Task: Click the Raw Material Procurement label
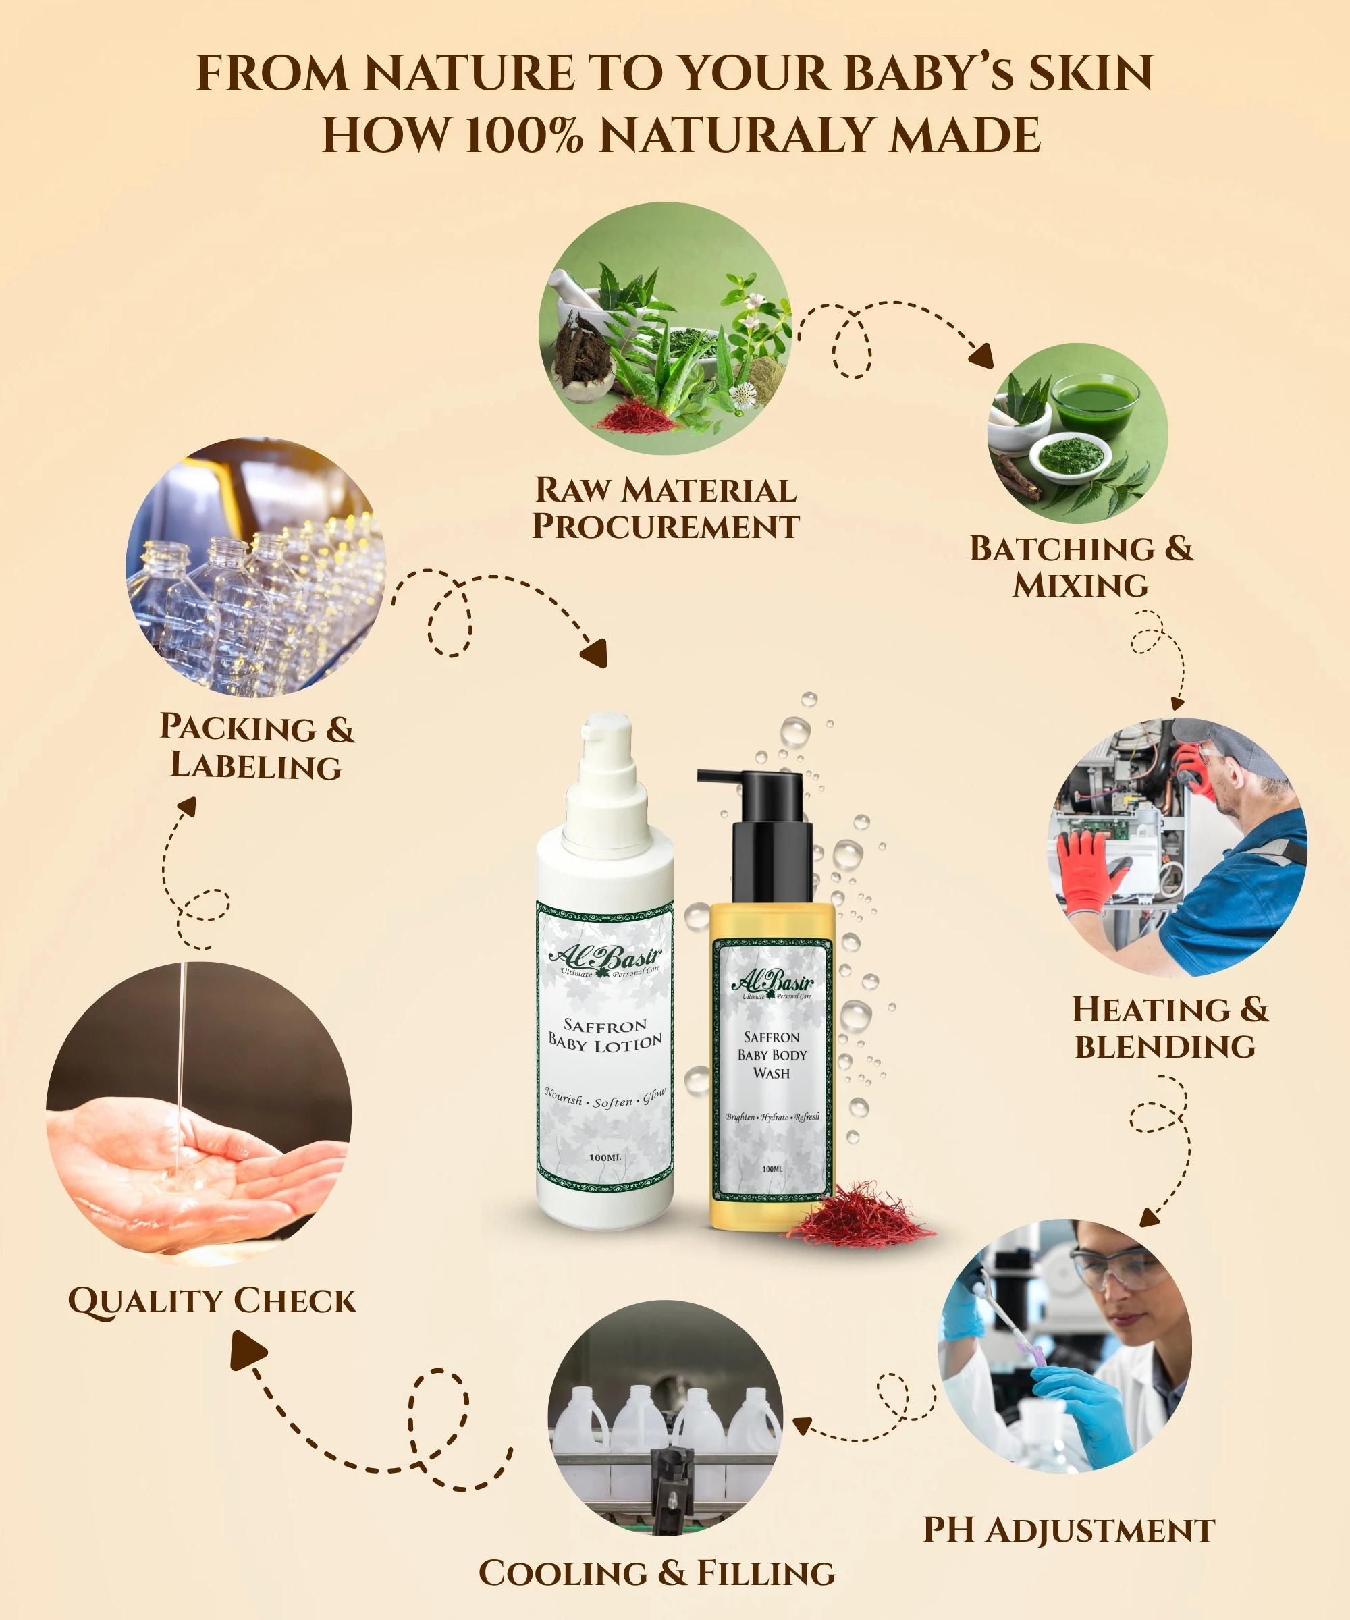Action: pos(666,508)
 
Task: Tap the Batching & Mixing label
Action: pos(1081,566)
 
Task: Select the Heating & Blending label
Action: pos(1170,1027)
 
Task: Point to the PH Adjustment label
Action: pos(1069,1530)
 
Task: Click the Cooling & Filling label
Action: pos(657,1572)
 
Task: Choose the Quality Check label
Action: pos(212,1301)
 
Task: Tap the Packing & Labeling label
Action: pos(257,746)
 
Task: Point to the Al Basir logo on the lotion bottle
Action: pos(605,961)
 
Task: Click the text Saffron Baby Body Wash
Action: pos(772,1055)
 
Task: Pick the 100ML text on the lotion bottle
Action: pos(605,1157)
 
